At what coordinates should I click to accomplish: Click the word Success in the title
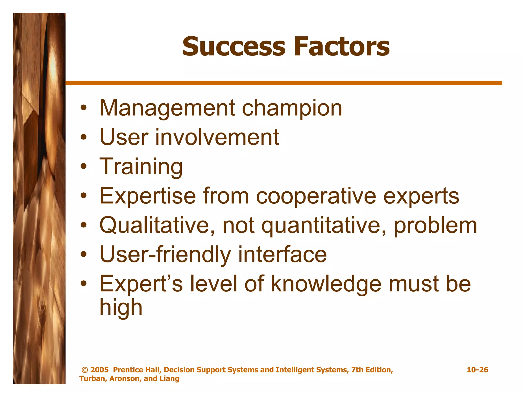click(233, 47)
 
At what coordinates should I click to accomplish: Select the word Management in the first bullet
click(167, 108)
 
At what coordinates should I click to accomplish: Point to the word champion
click(292, 108)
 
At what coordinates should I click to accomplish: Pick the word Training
click(141, 167)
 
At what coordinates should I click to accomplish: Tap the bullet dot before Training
click(83, 167)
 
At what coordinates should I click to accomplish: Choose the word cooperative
click(316, 196)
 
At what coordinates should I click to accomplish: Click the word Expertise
click(148, 196)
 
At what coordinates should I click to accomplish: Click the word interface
click(282, 255)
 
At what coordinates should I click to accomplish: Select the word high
click(121, 308)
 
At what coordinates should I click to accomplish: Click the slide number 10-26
click(477, 370)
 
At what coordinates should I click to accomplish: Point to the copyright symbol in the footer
click(85, 370)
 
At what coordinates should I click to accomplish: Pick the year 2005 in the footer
click(100, 370)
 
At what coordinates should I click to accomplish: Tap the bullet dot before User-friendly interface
click(83, 255)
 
